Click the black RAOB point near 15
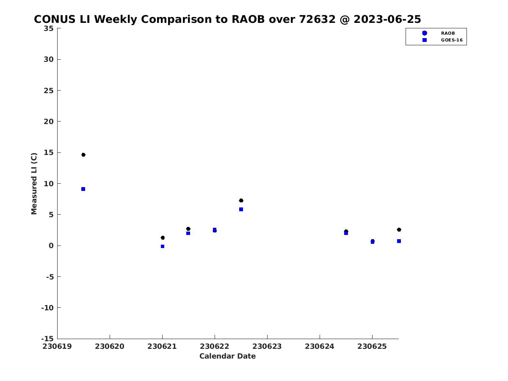83,155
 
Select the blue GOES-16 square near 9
83,189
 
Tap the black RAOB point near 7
241,200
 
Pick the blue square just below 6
241,210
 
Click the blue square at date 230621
163,246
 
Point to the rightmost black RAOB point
399,230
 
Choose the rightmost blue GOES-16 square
399,241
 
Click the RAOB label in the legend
448,33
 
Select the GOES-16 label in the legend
452,40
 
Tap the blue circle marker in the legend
425,33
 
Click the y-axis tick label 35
49,28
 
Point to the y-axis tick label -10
47,308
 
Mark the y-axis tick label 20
49,121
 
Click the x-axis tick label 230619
57,346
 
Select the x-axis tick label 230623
267,346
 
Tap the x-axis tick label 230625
372,346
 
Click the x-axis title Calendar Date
227,356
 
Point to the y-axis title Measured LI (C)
34,184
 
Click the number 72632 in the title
317,19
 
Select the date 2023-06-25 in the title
387,19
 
